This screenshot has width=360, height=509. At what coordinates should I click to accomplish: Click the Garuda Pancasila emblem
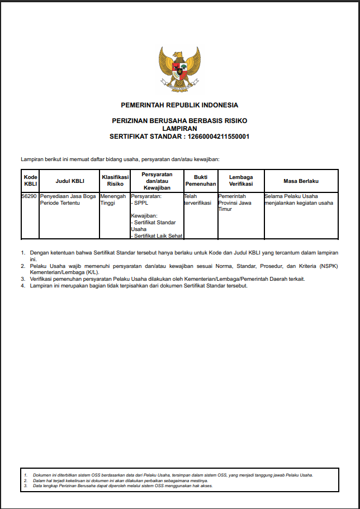pos(179,69)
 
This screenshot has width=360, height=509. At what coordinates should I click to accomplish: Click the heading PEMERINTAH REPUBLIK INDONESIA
pos(179,105)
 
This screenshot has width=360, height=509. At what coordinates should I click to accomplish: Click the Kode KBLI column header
pos(30,180)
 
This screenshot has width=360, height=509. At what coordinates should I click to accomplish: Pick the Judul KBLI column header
pos(69,180)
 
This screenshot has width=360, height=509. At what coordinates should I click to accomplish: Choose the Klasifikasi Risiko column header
pos(115,180)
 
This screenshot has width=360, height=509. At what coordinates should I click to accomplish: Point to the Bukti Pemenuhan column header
pos(200,180)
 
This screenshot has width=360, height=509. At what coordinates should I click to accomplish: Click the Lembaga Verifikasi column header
pos(240,180)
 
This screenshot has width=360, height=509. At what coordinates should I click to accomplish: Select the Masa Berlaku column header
pos(301,180)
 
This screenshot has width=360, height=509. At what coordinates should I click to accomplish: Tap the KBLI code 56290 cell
pos(30,196)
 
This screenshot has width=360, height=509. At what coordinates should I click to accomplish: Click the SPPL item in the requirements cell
pos(141,203)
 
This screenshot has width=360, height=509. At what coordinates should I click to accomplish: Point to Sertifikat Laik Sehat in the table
pos(158,235)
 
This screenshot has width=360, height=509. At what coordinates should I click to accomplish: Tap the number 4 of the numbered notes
pos(23,286)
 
